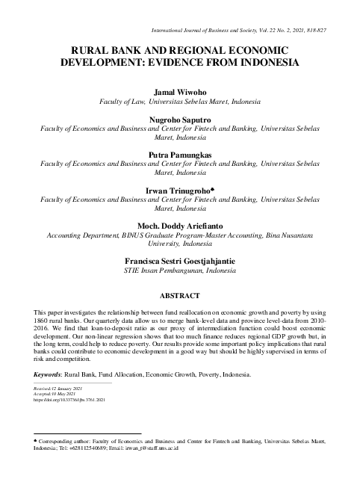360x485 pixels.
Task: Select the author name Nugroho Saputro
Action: [x=179, y=119]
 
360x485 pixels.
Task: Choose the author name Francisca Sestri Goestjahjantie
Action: [x=179, y=258]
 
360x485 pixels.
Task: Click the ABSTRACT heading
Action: [x=179, y=296]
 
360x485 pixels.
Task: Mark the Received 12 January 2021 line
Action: [x=59, y=389]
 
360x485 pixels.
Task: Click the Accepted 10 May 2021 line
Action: [x=57, y=395]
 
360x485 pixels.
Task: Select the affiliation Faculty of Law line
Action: [x=179, y=100]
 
